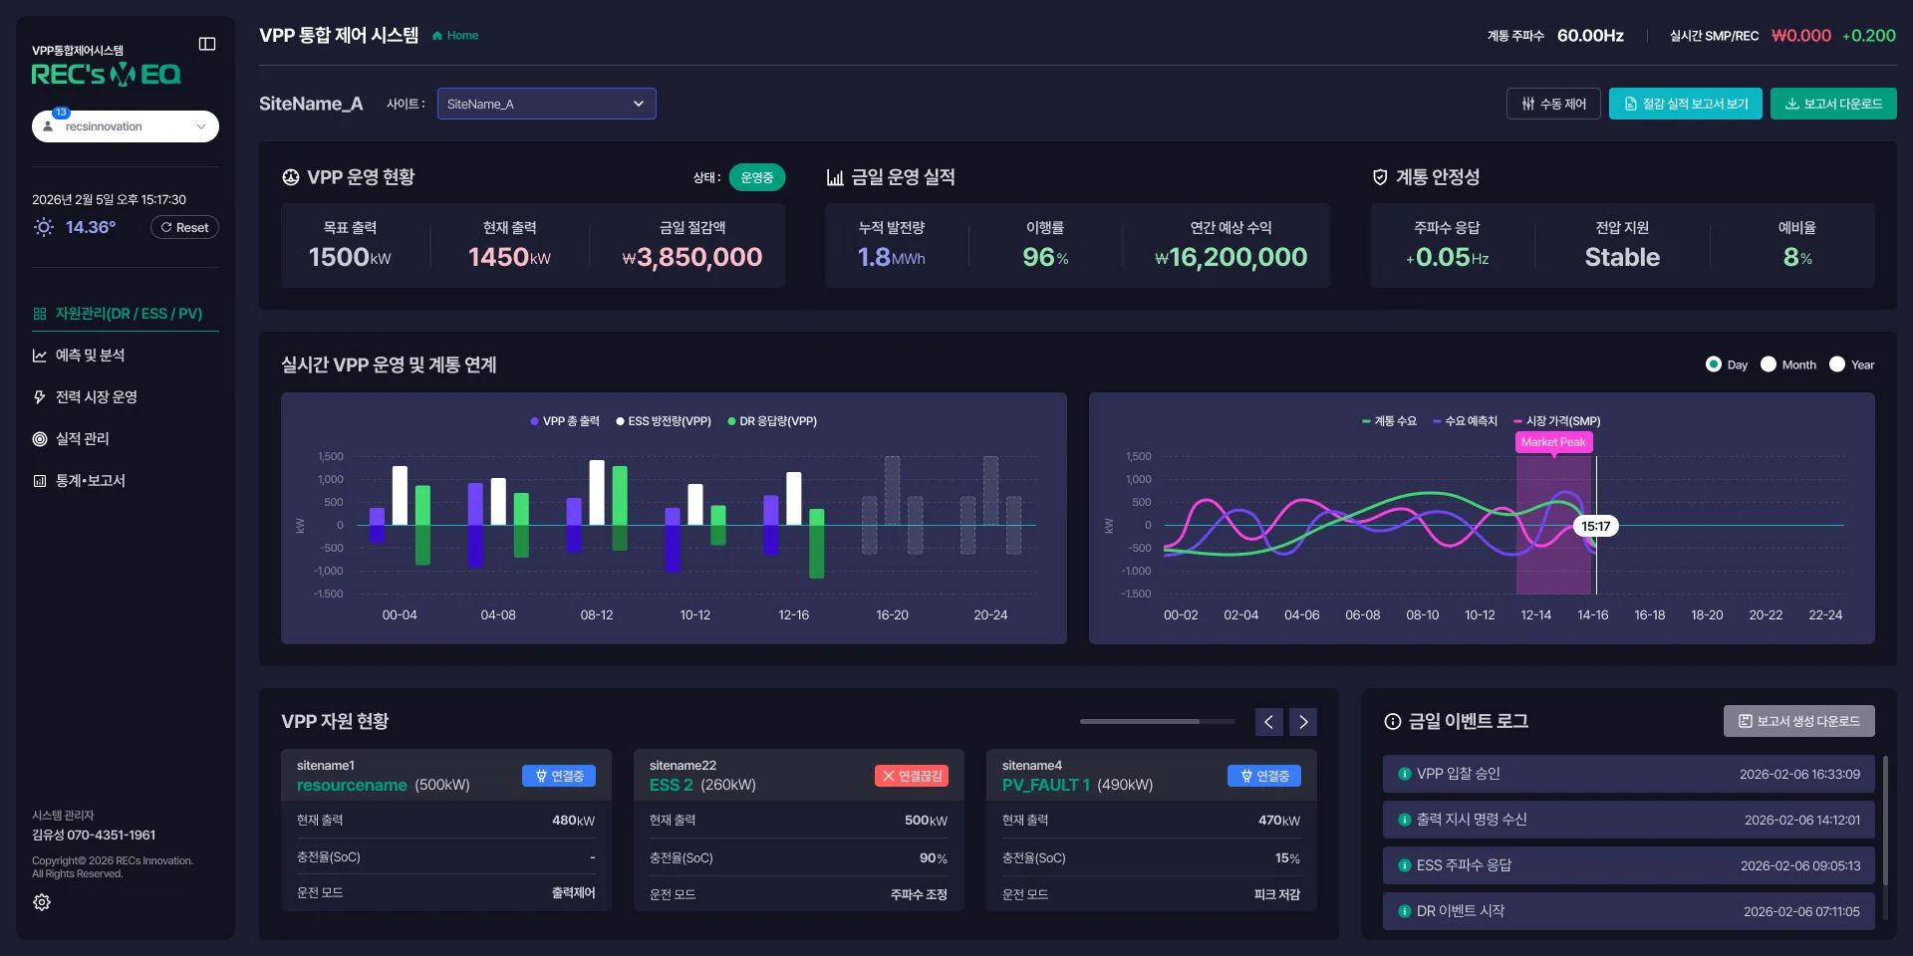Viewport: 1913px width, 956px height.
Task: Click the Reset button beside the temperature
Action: coord(184,227)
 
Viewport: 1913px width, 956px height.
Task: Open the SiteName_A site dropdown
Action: coord(546,104)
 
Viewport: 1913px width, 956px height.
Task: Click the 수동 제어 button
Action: coord(1553,104)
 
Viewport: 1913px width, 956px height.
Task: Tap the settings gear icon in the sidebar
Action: coord(42,902)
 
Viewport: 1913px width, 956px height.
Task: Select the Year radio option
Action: coord(1852,364)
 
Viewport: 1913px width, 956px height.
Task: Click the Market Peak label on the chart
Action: coord(1553,442)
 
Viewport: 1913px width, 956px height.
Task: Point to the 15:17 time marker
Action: coord(1596,526)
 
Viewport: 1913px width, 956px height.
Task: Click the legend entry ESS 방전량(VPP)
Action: coord(664,421)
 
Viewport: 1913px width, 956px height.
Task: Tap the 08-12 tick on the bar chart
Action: coord(597,615)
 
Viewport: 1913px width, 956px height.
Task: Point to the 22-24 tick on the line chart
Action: coord(1825,615)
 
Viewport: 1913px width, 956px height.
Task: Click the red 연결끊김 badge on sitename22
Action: coord(912,776)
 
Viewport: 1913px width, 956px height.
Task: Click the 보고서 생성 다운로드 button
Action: coord(1799,721)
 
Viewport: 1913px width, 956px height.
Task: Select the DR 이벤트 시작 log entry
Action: coord(1629,911)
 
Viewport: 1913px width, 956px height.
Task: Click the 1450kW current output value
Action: coord(509,257)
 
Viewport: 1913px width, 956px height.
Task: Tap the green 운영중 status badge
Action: coord(757,177)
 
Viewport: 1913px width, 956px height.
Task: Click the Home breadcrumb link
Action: coord(455,36)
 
